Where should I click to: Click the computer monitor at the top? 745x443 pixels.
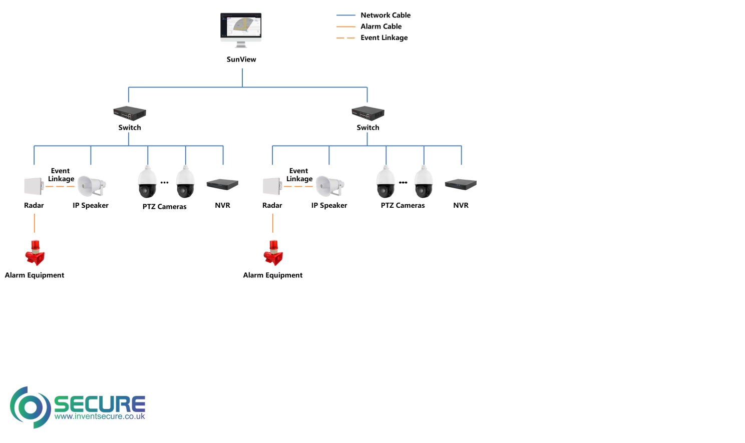241,29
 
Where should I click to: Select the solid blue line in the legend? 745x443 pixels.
345,16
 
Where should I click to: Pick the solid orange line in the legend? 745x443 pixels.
345,27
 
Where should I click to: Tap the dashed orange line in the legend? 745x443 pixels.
345,38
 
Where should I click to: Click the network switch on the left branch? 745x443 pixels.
129,113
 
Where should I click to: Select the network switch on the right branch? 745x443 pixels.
367,113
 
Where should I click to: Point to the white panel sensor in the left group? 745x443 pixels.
33,186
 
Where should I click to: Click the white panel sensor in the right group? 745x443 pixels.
271,186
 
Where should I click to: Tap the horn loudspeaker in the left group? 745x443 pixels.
91,186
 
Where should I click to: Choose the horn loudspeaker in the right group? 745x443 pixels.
329,186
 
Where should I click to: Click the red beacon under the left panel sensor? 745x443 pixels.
35,254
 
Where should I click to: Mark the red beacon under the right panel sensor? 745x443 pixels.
273,254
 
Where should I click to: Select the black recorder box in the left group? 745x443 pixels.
222,185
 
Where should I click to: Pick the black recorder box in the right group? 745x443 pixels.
461,185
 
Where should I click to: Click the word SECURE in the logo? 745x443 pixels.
99,403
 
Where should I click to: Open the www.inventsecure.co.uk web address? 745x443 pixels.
99,416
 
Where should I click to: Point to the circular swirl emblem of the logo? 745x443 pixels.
30,407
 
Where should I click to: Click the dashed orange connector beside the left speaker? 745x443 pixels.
60,186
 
